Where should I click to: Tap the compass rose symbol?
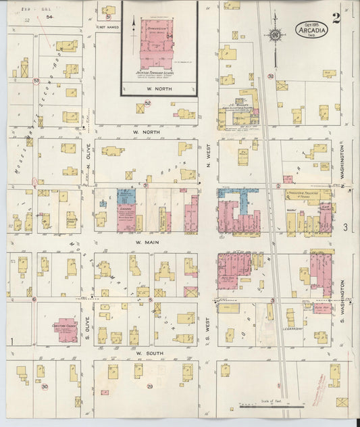(275, 34)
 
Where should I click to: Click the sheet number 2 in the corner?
(336, 18)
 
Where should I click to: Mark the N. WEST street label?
(207, 157)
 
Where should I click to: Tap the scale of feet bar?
(260, 407)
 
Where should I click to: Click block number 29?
(150, 386)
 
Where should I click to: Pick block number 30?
(45, 386)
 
